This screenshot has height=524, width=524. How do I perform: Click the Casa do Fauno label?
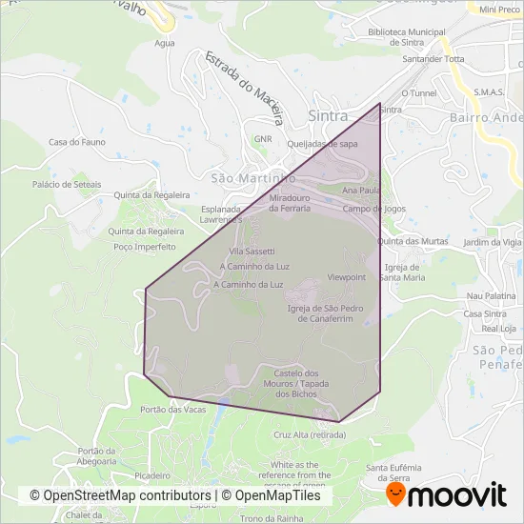70,142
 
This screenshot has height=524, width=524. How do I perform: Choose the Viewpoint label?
347,276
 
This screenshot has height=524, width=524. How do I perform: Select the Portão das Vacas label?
172,409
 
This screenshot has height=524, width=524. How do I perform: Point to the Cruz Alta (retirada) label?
309,433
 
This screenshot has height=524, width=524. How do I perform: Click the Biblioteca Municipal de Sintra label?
407,37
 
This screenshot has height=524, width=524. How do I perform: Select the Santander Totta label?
433,58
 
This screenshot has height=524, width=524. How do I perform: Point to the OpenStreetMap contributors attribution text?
120,495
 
